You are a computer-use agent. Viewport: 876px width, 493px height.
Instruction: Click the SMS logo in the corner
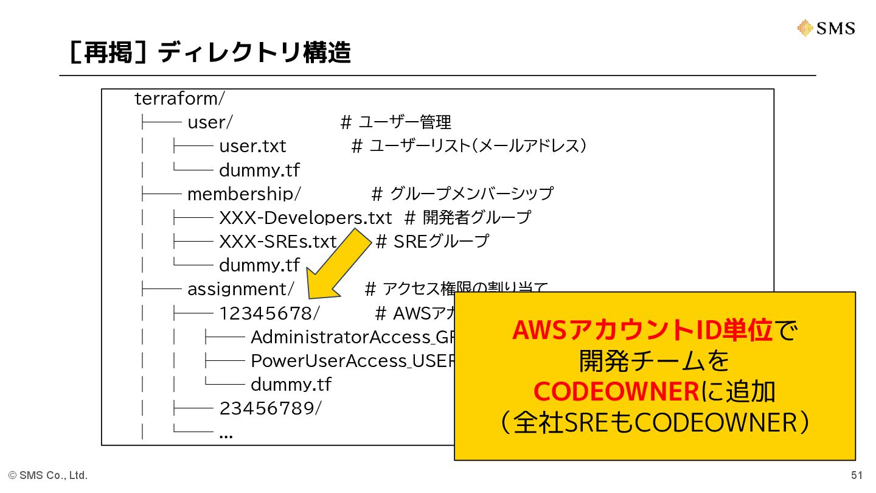click(x=826, y=28)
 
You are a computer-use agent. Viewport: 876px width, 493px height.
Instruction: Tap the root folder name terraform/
click(x=180, y=99)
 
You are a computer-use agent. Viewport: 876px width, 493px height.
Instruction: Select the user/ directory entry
click(x=209, y=122)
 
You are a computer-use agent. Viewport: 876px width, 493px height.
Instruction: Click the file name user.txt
click(x=252, y=146)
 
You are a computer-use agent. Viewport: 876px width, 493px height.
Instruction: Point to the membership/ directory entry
click(x=243, y=194)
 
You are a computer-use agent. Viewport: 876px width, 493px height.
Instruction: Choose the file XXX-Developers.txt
click(x=305, y=217)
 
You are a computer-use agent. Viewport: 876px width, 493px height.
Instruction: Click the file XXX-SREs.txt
click(x=277, y=242)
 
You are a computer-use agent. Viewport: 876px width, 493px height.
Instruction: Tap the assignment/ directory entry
click(x=241, y=288)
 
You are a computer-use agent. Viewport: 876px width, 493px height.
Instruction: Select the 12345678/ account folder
click(x=269, y=313)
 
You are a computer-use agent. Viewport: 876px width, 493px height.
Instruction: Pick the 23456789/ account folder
click(x=269, y=408)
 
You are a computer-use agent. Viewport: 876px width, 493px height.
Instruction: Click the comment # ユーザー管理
click(x=395, y=122)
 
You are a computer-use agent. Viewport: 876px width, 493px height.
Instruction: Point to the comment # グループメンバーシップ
click(x=462, y=194)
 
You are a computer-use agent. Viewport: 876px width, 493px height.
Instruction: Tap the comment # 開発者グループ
click(x=468, y=217)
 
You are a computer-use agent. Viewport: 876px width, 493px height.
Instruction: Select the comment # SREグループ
click(x=432, y=242)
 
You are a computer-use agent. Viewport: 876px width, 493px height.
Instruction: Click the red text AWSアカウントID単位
click(x=642, y=330)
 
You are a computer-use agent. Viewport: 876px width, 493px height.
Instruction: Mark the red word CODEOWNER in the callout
click(x=616, y=392)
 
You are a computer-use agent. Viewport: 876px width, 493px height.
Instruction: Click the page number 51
click(x=857, y=475)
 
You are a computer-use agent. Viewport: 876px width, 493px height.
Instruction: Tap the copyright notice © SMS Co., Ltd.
click(x=48, y=475)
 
